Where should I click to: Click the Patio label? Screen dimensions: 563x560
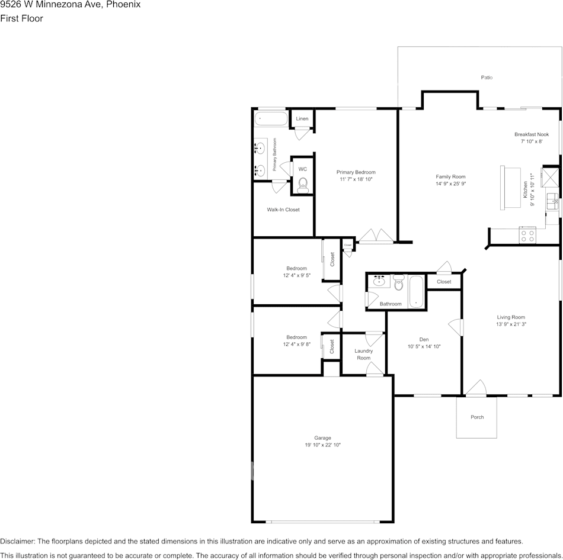click(x=487, y=78)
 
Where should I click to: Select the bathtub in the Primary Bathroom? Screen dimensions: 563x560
click(x=271, y=118)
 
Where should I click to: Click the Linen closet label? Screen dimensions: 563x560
click(x=302, y=119)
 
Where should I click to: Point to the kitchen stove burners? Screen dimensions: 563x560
click(x=527, y=236)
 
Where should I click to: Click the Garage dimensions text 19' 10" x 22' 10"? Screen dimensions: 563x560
click(x=322, y=445)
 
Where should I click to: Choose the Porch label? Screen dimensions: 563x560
click(x=477, y=417)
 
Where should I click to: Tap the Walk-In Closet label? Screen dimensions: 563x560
click(x=283, y=210)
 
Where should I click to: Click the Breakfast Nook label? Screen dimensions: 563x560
click(x=532, y=134)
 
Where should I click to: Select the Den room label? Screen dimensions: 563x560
click(x=424, y=339)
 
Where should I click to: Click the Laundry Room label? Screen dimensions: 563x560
click(x=363, y=355)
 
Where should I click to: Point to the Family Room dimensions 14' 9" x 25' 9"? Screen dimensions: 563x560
click(x=450, y=184)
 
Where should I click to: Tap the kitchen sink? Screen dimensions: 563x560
click(x=552, y=201)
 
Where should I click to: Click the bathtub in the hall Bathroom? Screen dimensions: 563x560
click(x=417, y=291)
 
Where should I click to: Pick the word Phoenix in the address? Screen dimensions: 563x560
click(x=123, y=5)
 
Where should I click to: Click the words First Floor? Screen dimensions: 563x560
click(x=21, y=18)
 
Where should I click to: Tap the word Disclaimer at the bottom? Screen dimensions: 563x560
click(x=17, y=541)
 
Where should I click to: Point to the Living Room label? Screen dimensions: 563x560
click(x=511, y=317)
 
